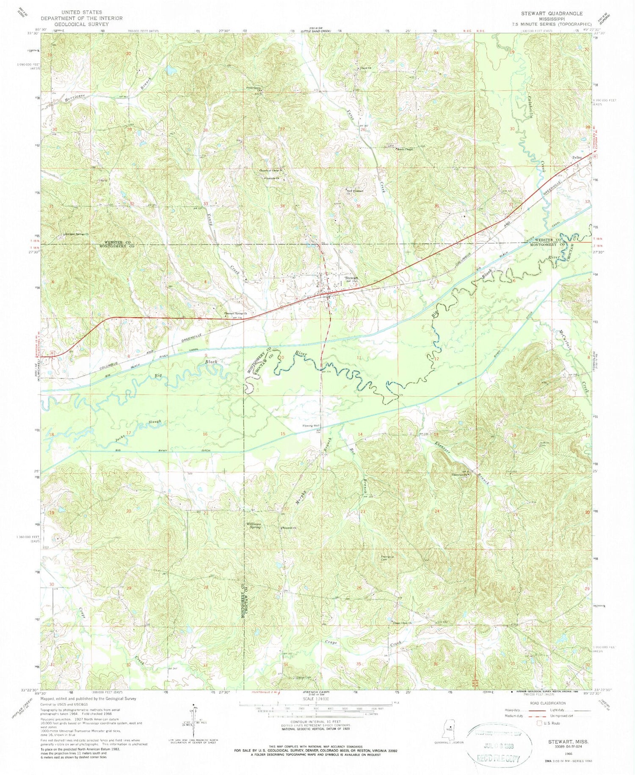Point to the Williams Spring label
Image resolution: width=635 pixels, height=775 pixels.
tap(254, 526)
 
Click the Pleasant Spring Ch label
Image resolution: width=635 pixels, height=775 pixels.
tap(235, 313)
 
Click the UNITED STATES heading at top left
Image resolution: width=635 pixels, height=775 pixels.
tap(81, 13)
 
